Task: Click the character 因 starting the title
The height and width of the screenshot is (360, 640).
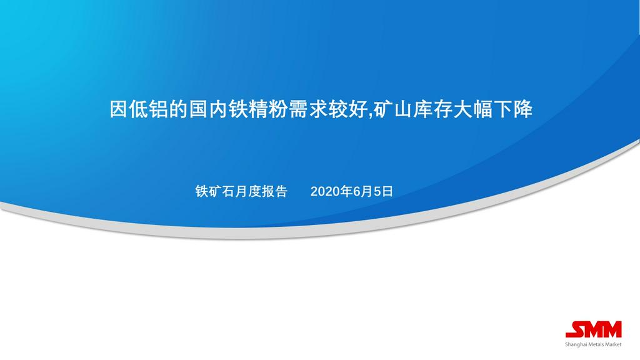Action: pyautogui.click(x=119, y=109)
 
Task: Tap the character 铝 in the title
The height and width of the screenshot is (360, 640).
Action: pyautogui.click(x=159, y=109)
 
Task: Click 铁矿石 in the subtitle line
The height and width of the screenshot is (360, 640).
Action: pyautogui.click(x=215, y=191)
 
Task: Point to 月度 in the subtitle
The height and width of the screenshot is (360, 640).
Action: pyautogui.click(x=247, y=191)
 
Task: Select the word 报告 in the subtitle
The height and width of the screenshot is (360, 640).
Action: pyautogui.click(x=274, y=191)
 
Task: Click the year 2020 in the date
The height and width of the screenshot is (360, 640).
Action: pyautogui.click(x=325, y=191)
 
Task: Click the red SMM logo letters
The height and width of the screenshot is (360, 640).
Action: pyautogui.click(x=594, y=329)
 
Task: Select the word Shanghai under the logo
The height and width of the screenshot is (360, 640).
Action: pyautogui.click(x=575, y=344)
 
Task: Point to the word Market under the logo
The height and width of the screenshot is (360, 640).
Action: pyautogui.click(x=614, y=344)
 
